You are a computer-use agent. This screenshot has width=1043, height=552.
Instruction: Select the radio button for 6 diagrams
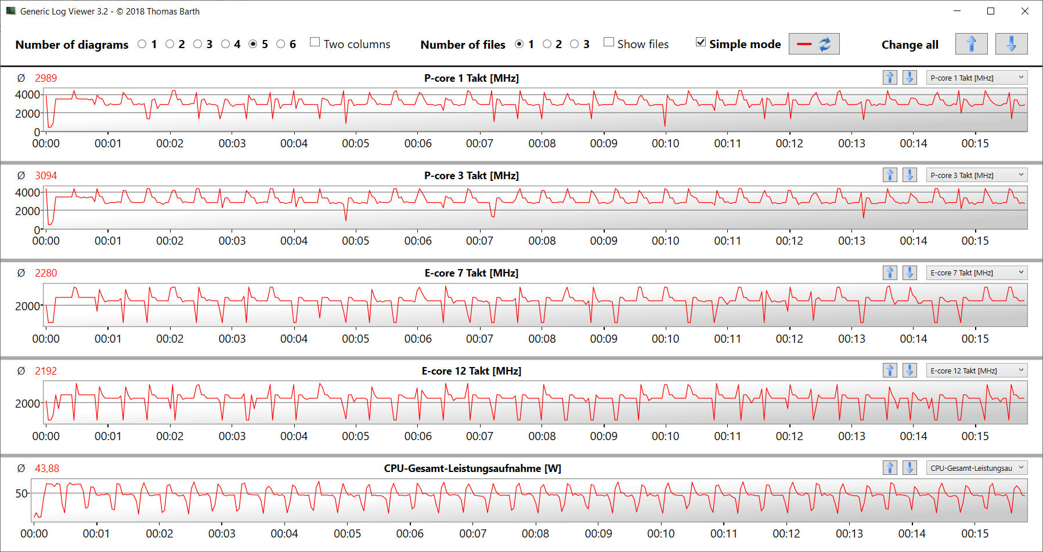[281, 44]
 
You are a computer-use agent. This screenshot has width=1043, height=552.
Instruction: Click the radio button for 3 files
[575, 44]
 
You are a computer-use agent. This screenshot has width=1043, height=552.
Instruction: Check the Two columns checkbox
[315, 42]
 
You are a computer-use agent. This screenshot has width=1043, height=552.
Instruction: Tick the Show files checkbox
[609, 42]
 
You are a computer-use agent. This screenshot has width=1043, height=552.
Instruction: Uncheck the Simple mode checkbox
[701, 42]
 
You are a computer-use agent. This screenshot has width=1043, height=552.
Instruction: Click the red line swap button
[814, 44]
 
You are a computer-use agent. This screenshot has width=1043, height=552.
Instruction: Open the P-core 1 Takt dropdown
[976, 78]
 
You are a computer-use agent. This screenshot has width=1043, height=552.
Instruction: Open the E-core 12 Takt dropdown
[976, 371]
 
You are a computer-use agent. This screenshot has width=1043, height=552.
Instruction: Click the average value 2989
[46, 78]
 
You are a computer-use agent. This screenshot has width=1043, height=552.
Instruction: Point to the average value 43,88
[47, 469]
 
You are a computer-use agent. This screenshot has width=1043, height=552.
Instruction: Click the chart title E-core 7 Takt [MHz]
[471, 273]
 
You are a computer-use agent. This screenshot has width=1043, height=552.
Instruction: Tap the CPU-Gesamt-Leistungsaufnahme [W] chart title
[472, 469]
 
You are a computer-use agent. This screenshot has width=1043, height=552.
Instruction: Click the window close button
[1025, 11]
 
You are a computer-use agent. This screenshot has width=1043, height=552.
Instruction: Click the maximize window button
[991, 11]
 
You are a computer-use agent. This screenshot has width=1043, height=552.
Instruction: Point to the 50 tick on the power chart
[21, 493]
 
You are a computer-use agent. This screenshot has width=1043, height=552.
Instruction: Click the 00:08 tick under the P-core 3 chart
[542, 241]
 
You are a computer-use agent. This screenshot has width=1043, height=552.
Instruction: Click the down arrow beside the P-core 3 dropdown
[910, 175]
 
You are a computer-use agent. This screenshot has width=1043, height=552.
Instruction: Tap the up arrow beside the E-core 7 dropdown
[890, 273]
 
